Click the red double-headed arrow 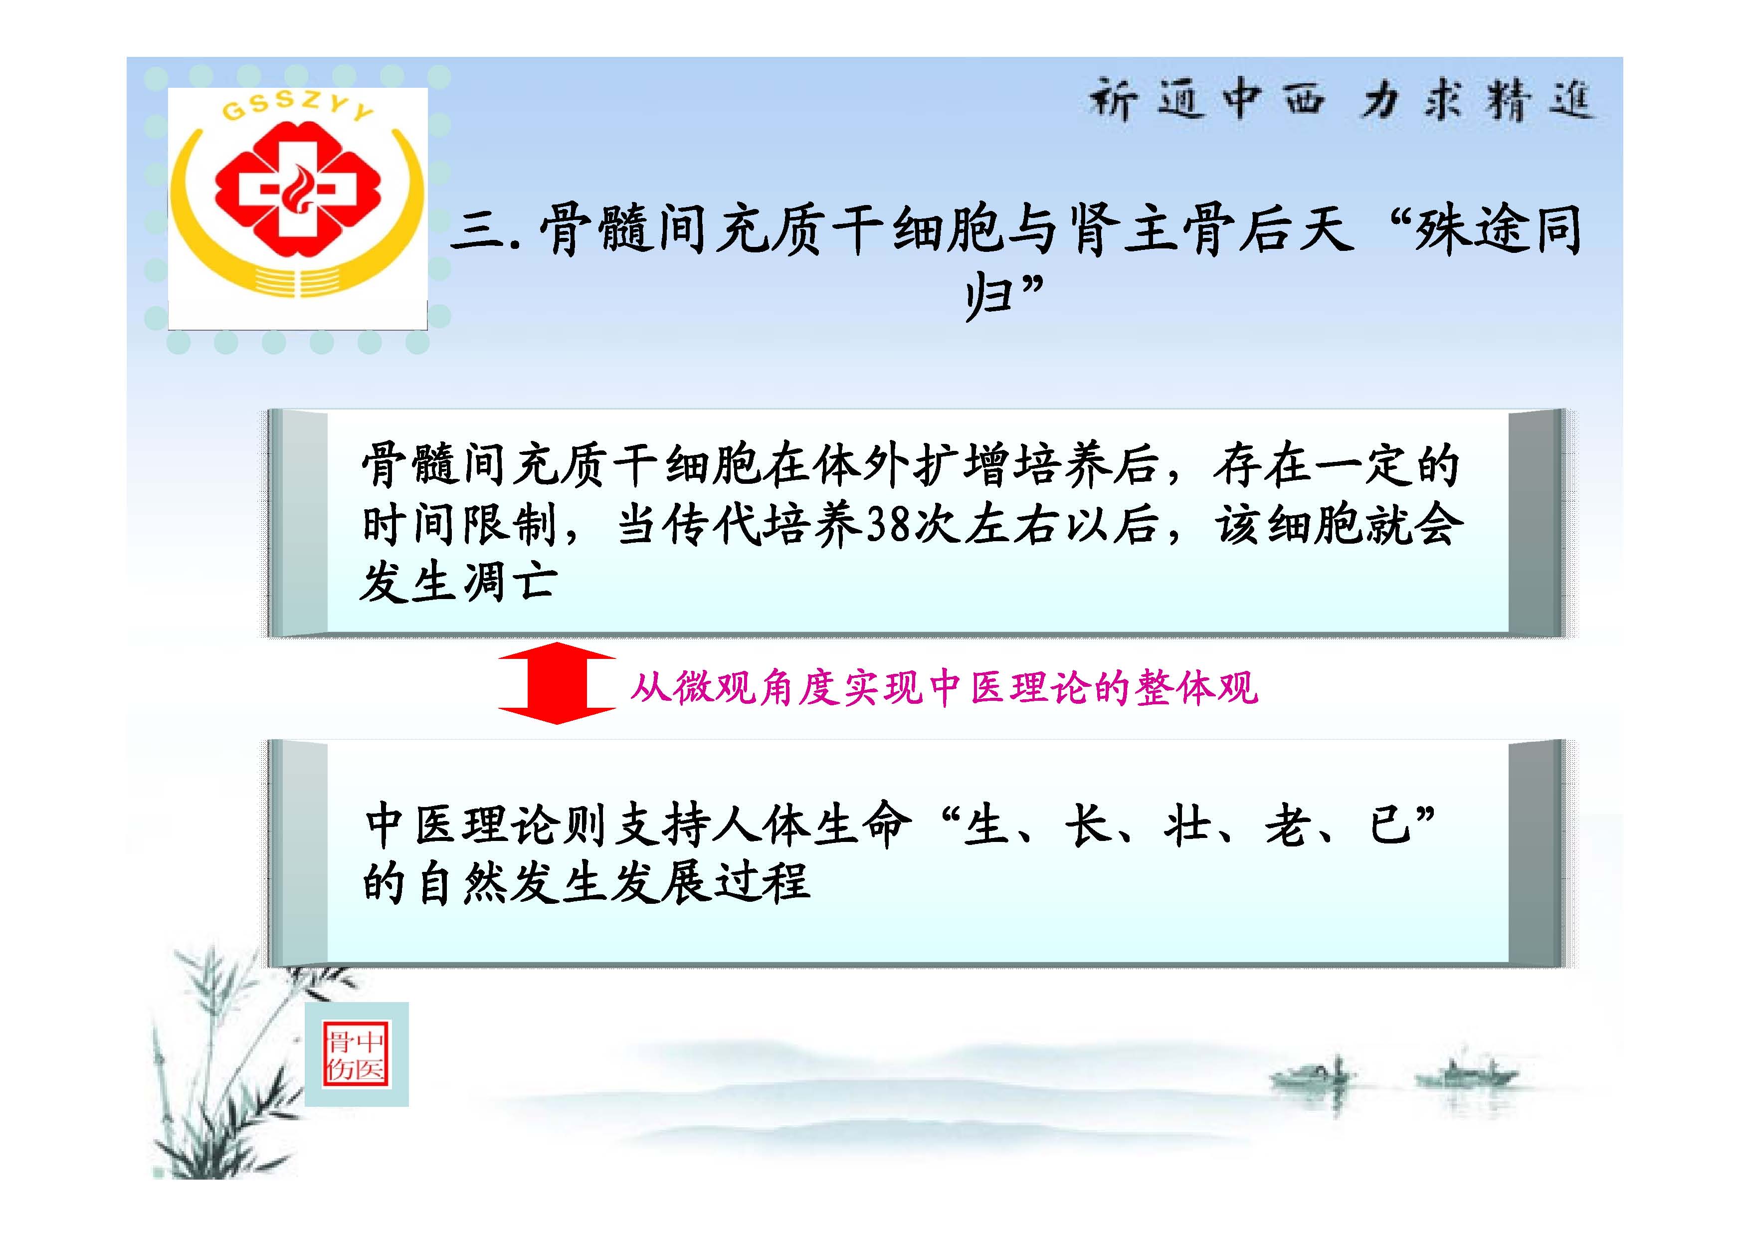[x=557, y=683]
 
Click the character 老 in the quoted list [x=1288, y=825]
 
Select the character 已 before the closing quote [x=1390, y=825]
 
